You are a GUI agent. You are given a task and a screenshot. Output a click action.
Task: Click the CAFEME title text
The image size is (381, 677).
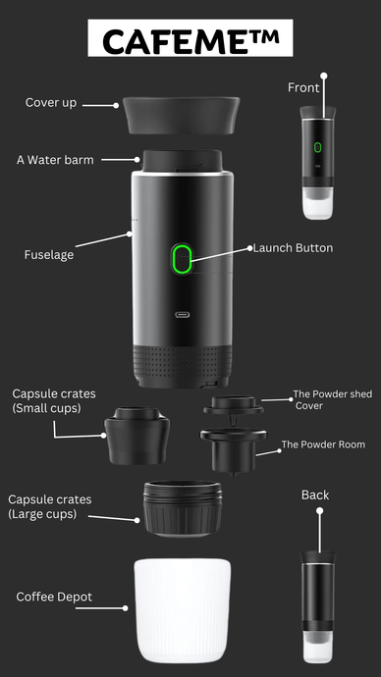[x=190, y=40]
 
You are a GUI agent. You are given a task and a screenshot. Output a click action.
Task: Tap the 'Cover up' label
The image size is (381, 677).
[x=51, y=103]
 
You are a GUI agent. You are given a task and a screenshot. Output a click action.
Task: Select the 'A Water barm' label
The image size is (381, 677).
[x=55, y=160]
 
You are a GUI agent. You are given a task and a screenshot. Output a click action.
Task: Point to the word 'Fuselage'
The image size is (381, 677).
[x=49, y=255]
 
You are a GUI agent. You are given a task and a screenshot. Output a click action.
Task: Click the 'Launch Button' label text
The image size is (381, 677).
[x=293, y=248]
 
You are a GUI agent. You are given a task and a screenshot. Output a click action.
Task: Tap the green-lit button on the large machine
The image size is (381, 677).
[x=182, y=258]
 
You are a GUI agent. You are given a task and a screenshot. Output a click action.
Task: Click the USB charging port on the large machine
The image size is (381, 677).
[x=182, y=314]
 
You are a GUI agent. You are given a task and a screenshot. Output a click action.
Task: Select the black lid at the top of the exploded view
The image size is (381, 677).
[x=181, y=115]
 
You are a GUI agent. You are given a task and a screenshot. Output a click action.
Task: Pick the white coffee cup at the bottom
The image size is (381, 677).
[x=183, y=610]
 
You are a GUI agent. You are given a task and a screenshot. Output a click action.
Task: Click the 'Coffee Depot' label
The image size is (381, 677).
[x=54, y=598]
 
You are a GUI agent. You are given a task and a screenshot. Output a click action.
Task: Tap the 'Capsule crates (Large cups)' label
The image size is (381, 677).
[x=50, y=507]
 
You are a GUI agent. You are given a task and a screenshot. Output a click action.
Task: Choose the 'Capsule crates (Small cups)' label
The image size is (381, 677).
[x=54, y=400]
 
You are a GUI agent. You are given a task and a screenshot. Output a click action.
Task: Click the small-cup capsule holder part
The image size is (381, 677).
[x=137, y=436]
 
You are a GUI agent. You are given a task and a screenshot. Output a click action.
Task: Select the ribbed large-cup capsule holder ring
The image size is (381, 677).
[x=183, y=508]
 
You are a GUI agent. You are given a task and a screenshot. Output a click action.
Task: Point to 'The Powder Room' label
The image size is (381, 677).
[x=323, y=444]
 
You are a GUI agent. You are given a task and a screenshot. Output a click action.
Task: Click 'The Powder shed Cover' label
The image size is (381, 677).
[x=332, y=399]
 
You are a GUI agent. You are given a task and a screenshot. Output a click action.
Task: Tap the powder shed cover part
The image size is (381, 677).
[x=234, y=410]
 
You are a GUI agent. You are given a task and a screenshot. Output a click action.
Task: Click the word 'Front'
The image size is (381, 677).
[x=303, y=88]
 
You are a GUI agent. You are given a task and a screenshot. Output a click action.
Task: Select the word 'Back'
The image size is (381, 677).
[x=315, y=495]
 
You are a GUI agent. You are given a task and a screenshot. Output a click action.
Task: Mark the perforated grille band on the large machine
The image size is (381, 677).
[x=183, y=360]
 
